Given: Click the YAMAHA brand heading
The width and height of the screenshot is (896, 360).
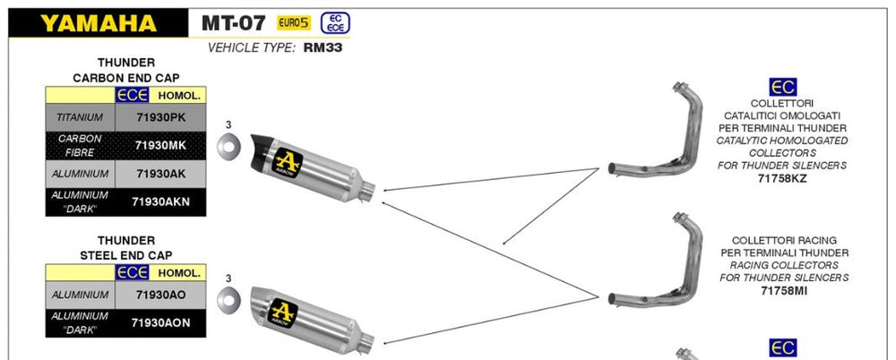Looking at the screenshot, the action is pyautogui.click(x=99, y=23).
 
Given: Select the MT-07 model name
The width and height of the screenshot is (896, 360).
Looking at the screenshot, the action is pyautogui.click(x=234, y=23).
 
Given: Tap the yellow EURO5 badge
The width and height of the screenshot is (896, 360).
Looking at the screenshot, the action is pyautogui.click(x=294, y=23).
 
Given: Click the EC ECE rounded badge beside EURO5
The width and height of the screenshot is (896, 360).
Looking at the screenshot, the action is pyautogui.click(x=335, y=23).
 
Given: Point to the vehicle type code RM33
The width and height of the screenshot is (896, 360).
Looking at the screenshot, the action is pyautogui.click(x=323, y=47).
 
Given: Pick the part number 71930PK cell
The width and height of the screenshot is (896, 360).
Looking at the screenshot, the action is pyautogui.click(x=160, y=117).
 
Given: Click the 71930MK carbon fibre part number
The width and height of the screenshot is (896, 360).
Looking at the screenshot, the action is pyautogui.click(x=160, y=146).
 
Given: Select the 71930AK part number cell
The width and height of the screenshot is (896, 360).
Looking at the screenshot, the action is pyautogui.click(x=160, y=174).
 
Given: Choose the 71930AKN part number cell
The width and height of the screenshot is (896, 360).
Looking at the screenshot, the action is pyautogui.click(x=160, y=201).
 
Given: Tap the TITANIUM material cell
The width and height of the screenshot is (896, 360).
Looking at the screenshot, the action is pyautogui.click(x=80, y=117).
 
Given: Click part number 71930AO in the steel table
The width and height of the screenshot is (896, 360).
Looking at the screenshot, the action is pyautogui.click(x=160, y=295).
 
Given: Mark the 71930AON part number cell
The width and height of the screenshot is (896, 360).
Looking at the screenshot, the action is pyautogui.click(x=160, y=323).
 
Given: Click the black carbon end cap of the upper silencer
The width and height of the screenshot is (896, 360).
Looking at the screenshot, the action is pyautogui.click(x=262, y=150).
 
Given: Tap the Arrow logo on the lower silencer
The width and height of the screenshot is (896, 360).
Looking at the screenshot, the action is pyautogui.click(x=282, y=313).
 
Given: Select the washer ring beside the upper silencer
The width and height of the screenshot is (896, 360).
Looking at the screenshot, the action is pyautogui.click(x=228, y=146).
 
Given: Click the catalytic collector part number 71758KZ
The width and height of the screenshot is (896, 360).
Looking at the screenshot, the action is pyautogui.click(x=782, y=178).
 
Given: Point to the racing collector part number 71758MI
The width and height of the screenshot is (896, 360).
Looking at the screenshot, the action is pyautogui.click(x=782, y=291).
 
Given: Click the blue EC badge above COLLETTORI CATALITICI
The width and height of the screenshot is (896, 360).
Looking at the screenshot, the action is pyautogui.click(x=782, y=87).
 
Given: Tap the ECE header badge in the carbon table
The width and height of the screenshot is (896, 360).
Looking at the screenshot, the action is pyautogui.click(x=132, y=96).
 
